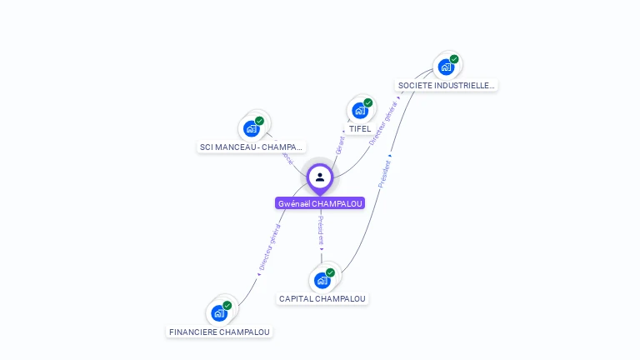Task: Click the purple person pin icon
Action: pos(320,177)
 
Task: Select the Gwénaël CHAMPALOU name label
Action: pos(320,202)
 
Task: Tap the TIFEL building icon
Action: pos(359,110)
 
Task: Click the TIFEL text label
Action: pos(360,129)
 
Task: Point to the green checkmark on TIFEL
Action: pos(368,102)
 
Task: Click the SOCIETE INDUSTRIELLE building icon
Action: pos(446,67)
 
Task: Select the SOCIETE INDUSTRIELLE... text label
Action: pos(446,85)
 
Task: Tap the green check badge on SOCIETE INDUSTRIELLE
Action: pos(454,59)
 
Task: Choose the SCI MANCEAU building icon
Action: pos(251,128)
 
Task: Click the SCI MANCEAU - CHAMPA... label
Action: pos(251,147)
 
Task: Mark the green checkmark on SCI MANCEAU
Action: pos(259,121)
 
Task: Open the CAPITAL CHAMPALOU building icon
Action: pos(322,280)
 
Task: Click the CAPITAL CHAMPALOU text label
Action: pos(322,298)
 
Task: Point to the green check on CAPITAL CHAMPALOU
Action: pos(330,272)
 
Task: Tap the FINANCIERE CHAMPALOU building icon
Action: pos(218,313)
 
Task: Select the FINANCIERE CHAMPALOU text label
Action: pos(220,332)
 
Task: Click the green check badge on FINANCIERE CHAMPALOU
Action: pos(227,306)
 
